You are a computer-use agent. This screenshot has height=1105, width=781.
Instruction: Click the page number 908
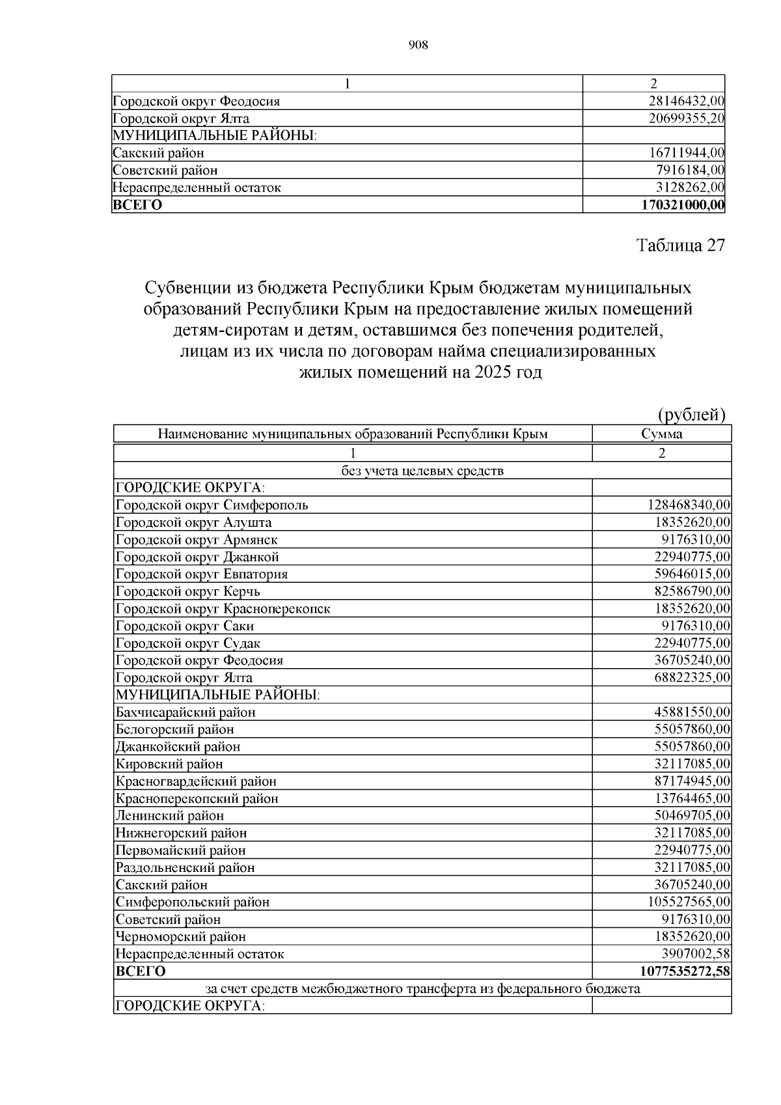tap(418, 45)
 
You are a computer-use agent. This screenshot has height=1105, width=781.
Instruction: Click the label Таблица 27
tap(680, 245)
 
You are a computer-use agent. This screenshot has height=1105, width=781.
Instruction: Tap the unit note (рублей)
tap(691, 415)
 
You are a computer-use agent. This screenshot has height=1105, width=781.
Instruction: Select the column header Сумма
tap(661, 434)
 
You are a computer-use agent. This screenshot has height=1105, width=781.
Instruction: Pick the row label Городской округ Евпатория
tap(202, 574)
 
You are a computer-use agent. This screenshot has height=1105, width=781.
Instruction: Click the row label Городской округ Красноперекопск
tap(223, 609)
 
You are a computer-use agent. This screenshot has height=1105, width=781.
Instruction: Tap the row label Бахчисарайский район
tap(185, 712)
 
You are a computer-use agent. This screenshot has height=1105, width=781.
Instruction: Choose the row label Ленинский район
tap(170, 816)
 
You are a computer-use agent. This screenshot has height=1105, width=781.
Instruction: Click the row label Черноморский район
tap(181, 937)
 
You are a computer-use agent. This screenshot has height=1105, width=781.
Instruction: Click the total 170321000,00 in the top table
tap(683, 205)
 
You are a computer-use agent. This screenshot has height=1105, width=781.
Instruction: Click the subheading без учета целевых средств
tap(422, 471)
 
